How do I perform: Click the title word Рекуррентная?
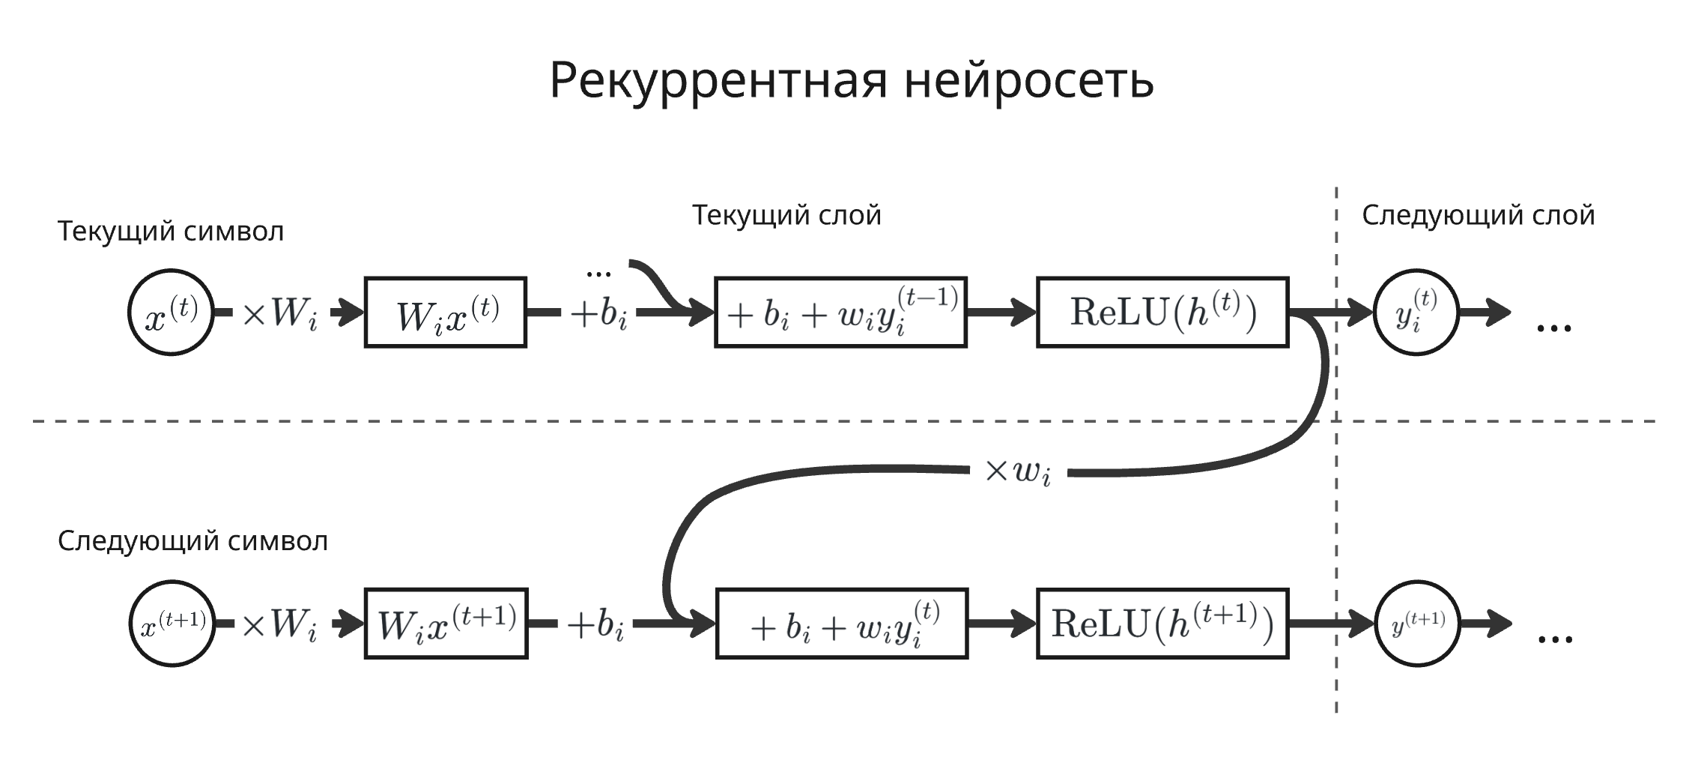tap(718, 81)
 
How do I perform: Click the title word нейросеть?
tap(1028, 81)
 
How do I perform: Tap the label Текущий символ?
tap(171, 231)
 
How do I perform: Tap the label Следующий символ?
tap(192, 540)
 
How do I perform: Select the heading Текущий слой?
tap(786, 215)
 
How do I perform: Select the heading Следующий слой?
tap(1478, 215)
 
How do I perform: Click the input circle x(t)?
tap(171, 313)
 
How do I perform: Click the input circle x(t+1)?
tap(172, 624)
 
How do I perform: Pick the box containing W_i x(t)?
tap(446, 313)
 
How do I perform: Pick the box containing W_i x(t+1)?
tap(446, 624)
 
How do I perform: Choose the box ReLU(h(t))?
tap(1162, 313)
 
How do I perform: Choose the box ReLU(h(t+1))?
tap(1162, 624)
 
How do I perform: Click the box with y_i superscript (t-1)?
tap(840, 313)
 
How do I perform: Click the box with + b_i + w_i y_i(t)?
tap(842, 624)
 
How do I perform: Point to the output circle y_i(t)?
tap(1416, 313)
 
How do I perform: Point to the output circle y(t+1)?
tap(1418, 624)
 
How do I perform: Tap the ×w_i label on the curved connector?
tap(1018, 472)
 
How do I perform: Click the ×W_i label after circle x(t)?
tap(279, 313)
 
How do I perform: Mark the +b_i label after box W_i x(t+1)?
tap(595, 625)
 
